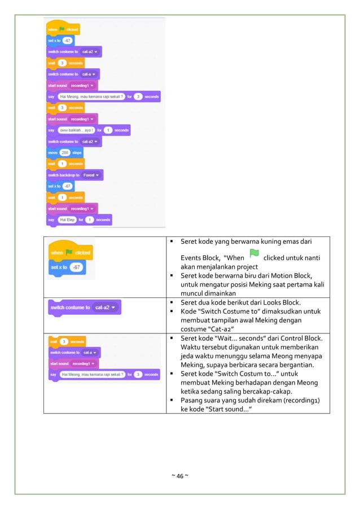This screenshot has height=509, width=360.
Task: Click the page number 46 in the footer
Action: tap(180, 476)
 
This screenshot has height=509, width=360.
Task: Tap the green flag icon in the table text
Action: tap(254, 255)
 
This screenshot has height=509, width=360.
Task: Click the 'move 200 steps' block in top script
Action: tap(65, 152)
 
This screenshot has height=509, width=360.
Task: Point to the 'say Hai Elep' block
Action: tap(79, 220)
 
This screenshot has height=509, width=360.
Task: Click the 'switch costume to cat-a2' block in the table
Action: tap(85, 308)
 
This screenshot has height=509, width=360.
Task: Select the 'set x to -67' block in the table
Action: tap(67, 267)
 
